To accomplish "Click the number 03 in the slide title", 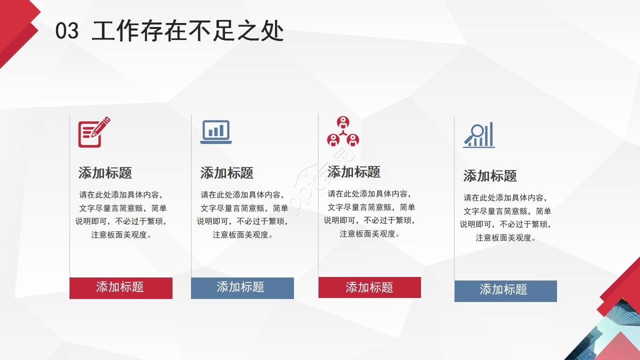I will [67, 31].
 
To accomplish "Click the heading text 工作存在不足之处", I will [188, 31].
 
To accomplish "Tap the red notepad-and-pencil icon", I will [93, 132].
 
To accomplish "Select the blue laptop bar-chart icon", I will [216, 132].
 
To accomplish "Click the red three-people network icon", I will [343, 132].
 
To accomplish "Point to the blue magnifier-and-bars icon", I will [479, 135].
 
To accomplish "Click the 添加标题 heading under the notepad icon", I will [105, 173].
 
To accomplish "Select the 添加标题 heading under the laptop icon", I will [227, 173].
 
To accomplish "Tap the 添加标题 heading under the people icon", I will [354, 172].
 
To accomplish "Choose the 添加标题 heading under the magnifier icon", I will [490, 176].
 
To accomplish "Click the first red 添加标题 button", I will [120, 287].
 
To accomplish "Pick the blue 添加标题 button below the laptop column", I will [242, 287].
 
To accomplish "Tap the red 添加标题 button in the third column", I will [369, 287].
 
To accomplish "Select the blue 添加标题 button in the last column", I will [505, 290].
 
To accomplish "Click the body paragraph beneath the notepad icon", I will [121, 214].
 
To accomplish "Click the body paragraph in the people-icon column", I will [369, 213].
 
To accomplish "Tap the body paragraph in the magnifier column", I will [505, 217].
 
